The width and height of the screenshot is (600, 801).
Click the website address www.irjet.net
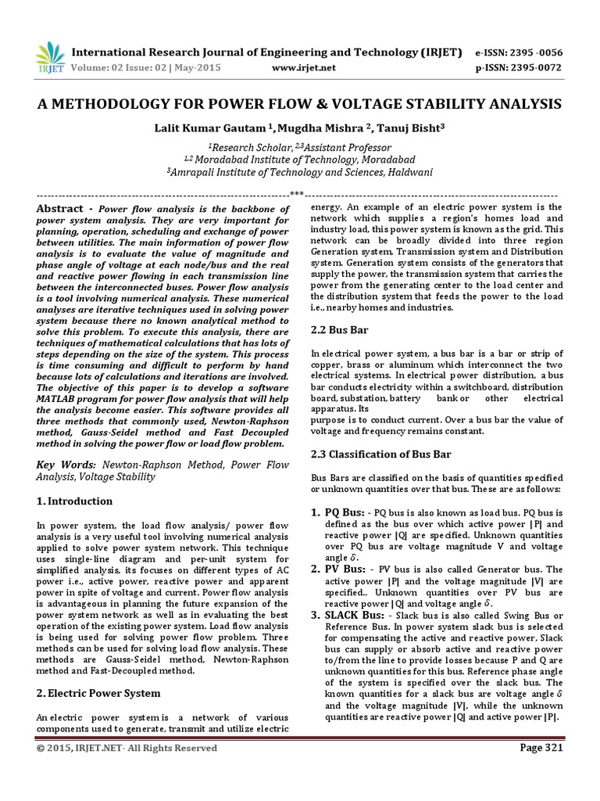(x=304, y=68)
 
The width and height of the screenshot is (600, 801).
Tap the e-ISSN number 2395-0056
(x=518, y=52)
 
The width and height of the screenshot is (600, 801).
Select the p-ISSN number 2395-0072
(x=518, y=68)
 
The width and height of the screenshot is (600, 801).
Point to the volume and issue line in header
(x=146, y=68)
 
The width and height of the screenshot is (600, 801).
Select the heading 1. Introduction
(x=75, y=501)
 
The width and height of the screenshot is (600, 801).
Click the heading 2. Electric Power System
(x=98, y=693)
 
